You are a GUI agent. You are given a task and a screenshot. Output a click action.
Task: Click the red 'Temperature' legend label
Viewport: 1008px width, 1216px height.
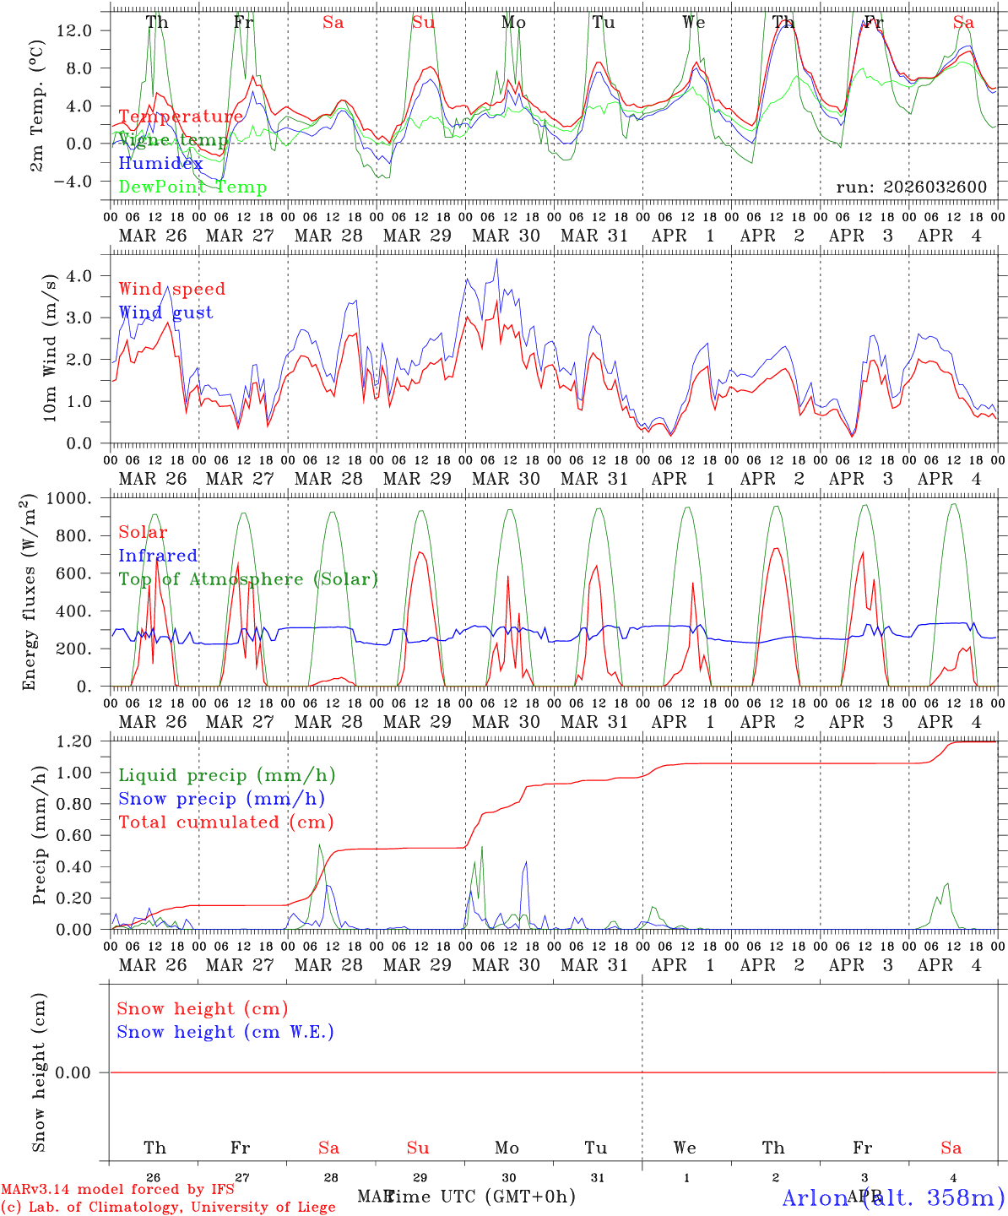pyautogui.click(x=181, y=117)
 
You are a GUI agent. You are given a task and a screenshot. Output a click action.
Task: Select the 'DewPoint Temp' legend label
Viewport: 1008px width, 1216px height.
pyautogui.click(x=192, y=187)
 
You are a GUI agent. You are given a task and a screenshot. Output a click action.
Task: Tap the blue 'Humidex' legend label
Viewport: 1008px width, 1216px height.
pyautogui.click(x=160, y=164)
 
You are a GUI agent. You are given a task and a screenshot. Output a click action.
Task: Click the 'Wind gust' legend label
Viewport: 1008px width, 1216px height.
pyautogui.click(x=165, y=312)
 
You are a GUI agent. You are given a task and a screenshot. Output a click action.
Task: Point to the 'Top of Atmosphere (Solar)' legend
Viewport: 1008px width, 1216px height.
pyautogui.click(x=248, y=579)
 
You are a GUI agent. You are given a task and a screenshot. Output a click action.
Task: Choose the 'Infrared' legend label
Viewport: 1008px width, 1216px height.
pyautogui.click(x=158, y=556)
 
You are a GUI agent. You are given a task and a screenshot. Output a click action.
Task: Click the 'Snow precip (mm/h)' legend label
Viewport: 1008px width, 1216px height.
pyautogui.click(x=221, y=799)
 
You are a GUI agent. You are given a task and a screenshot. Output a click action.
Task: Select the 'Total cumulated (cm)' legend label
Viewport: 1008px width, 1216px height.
pyautogui.click(x=226, y=822)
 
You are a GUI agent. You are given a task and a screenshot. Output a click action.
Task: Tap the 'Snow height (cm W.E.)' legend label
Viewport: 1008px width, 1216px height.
pyautogui.click(x=225, y=1032)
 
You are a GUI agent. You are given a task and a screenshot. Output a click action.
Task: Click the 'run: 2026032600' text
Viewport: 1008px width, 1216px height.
pyautogui.click(x=911, y=187)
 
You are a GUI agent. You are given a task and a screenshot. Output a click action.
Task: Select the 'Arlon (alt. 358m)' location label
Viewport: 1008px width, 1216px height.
pyautogui.click(x=893, y=1197)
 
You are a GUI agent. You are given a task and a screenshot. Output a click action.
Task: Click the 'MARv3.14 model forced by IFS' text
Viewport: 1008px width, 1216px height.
pyautogui.click(x=117, y=1190)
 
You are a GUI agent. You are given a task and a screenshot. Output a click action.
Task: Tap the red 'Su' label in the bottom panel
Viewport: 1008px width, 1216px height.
pyautogui.click(x=418, y=1148)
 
